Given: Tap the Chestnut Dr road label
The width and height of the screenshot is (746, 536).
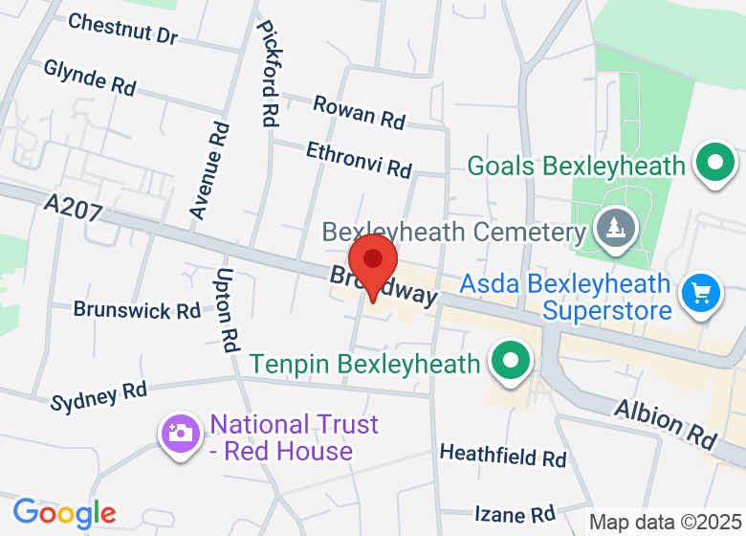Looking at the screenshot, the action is point(122,29).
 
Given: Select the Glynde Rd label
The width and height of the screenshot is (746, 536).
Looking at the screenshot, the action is point(90,77).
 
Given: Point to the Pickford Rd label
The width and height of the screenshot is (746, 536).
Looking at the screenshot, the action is point(268,75).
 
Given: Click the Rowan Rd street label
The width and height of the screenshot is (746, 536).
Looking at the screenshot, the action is point(359,112).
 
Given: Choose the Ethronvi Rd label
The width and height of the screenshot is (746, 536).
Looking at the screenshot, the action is point(359,159).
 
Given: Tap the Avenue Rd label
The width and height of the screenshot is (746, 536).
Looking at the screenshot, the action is point(209,171).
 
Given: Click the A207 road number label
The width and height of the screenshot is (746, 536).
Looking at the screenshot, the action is point(73,207).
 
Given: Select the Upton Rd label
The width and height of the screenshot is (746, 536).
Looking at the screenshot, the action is point(228,310).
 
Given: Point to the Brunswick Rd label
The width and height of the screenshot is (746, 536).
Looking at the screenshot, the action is point(137,310).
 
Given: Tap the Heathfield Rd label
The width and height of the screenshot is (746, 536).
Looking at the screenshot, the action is point(503,455).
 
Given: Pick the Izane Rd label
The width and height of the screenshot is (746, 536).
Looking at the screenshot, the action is point(516,514).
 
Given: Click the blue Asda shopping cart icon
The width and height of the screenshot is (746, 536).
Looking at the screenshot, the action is point(701,294).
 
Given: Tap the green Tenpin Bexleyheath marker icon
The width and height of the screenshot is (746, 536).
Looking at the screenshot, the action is point(510,363).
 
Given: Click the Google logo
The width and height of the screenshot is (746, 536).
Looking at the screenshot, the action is point(64,514).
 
